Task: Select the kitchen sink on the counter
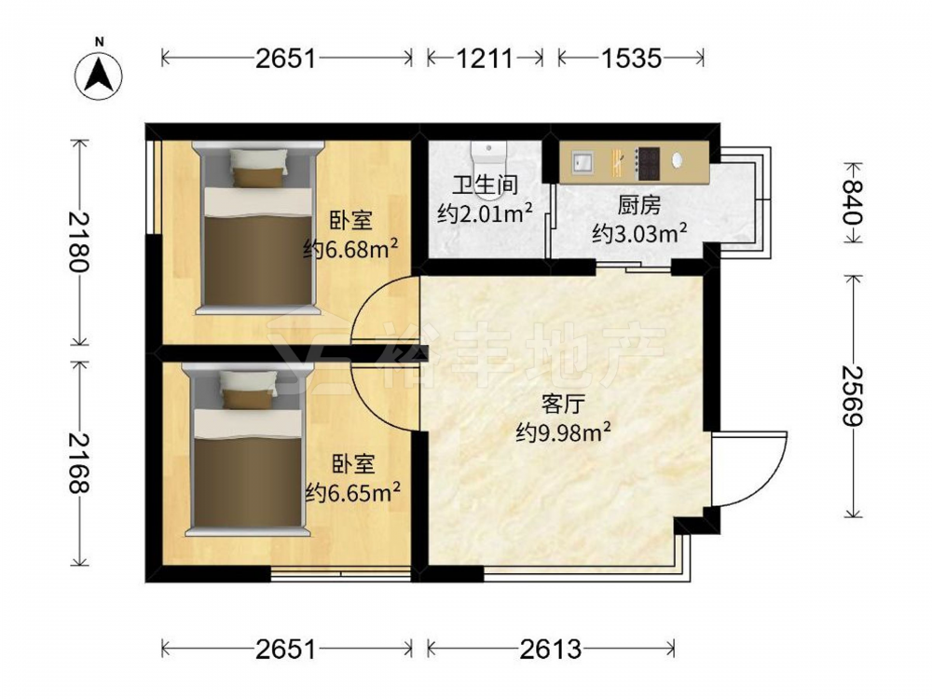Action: point(582,160)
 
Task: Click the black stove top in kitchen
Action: point(649,163)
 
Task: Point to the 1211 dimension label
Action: point(485,58)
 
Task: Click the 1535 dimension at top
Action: point(631,58)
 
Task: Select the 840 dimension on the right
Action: point(854,202)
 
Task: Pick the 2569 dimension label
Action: point(854,395)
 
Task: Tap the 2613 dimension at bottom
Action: point(551,649)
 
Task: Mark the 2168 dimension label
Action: point(79,463)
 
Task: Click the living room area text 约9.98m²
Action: point(564,432)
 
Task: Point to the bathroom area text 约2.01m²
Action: point(485,212)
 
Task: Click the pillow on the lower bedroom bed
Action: point(249,390)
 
